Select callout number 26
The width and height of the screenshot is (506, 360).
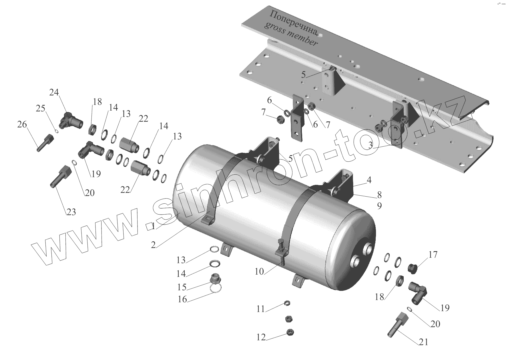[22, 125]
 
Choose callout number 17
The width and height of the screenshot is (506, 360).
[433, 254]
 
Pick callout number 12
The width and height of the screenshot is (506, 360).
[261, 337]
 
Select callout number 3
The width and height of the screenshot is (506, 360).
[370, 145]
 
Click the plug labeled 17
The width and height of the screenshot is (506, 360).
[412, 269]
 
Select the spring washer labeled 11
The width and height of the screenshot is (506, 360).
[288, 303]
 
